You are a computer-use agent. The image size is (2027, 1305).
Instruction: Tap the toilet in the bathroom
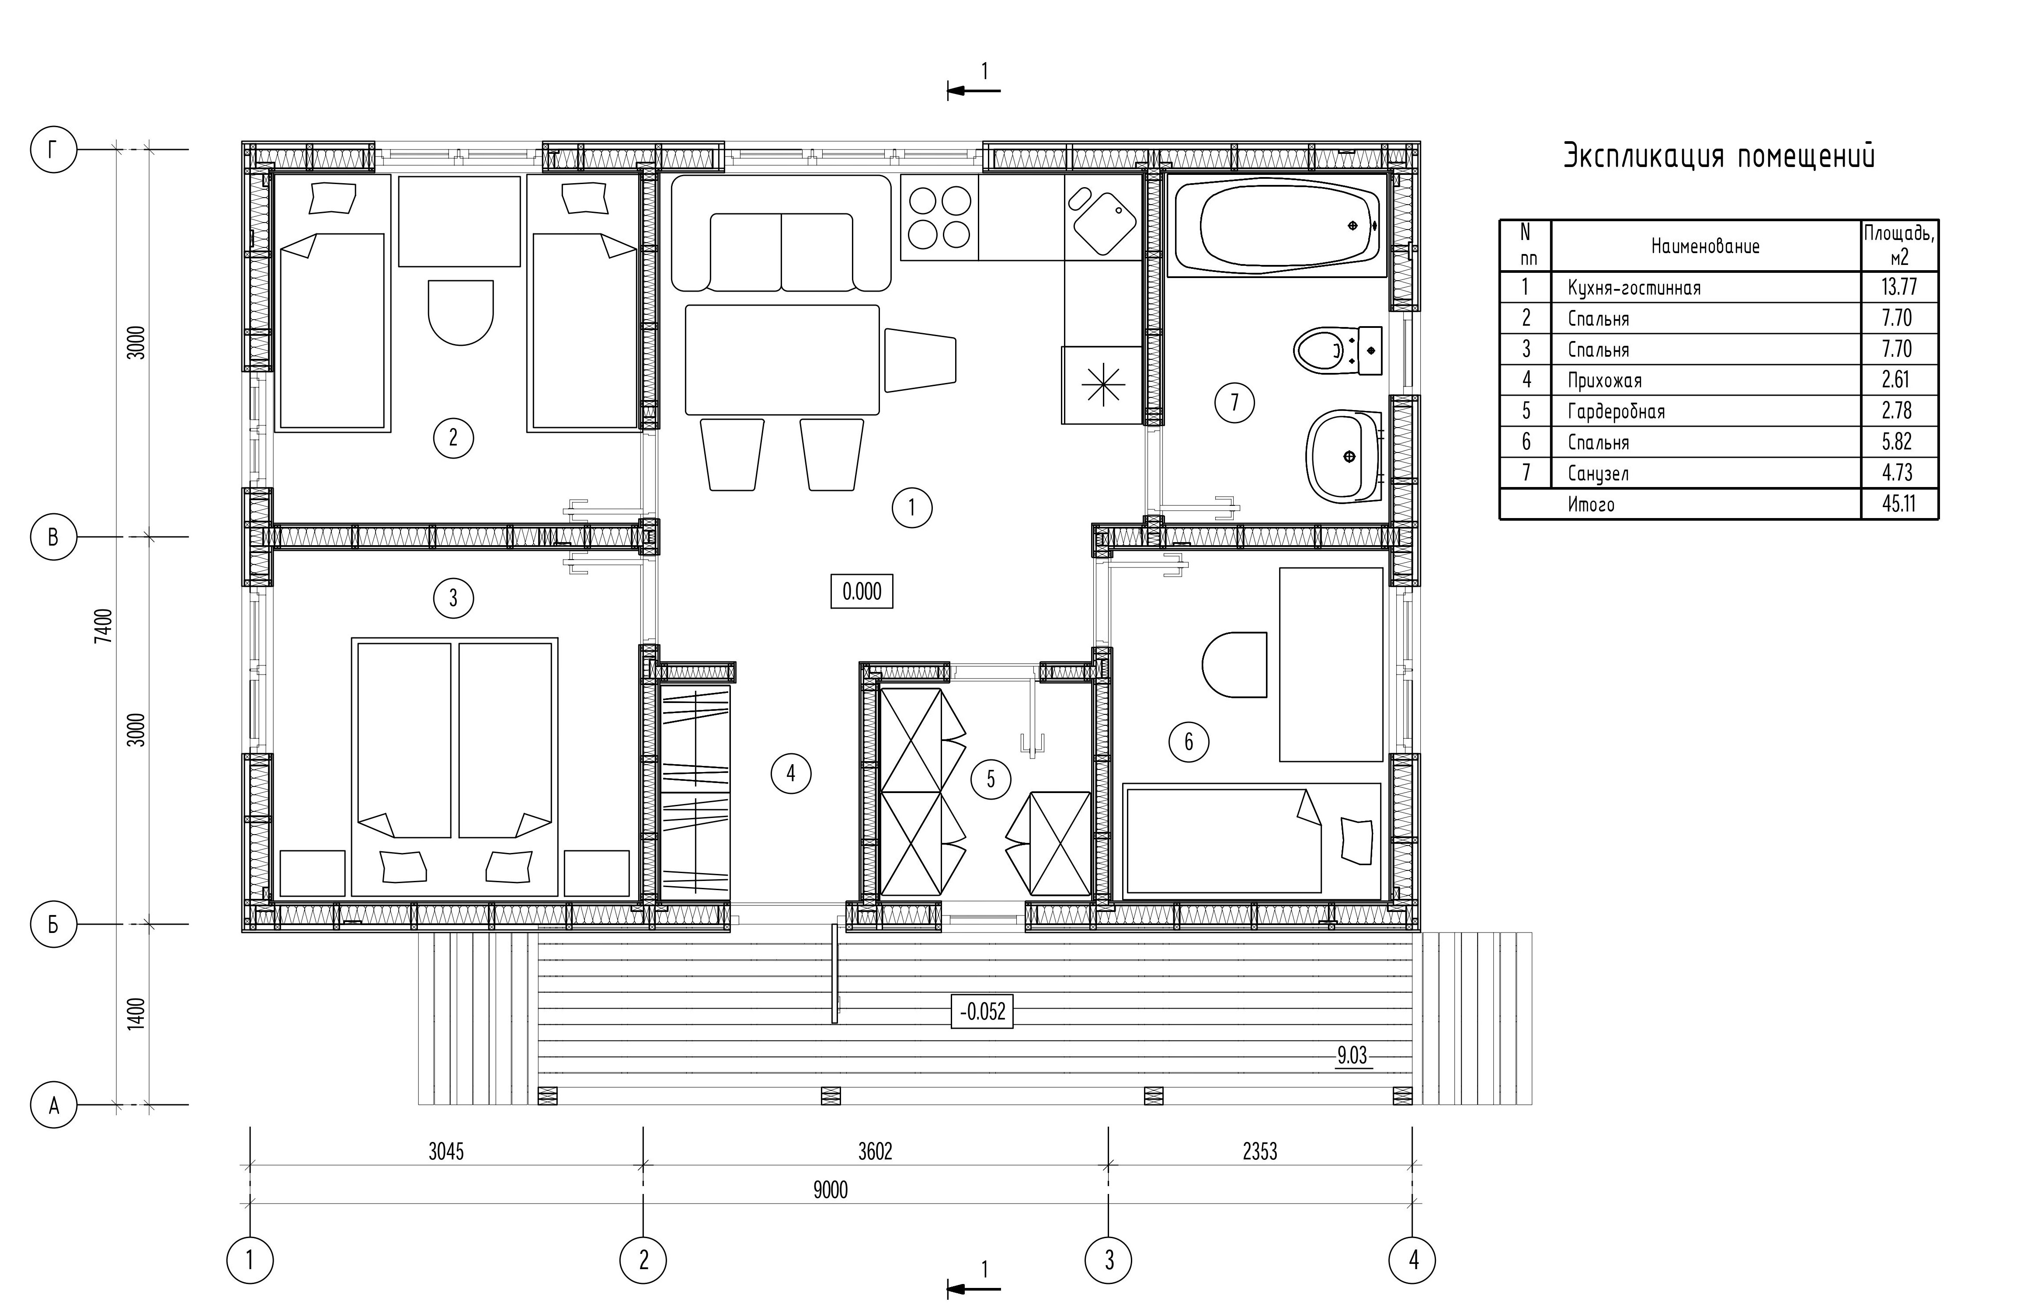coord(1339,350)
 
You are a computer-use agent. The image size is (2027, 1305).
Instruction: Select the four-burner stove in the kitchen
coord(939,217)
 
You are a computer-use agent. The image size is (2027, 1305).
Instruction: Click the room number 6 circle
coord(1189,741)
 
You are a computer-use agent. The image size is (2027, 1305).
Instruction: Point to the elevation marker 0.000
coord(862,592)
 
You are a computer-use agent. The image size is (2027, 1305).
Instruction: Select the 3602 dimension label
coord(875,1151)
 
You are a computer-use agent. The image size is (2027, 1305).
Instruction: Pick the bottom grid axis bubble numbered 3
coord(1109,1260)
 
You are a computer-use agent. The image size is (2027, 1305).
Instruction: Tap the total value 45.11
coord(1899,503)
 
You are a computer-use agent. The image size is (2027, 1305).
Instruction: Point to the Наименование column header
coord(1705,247)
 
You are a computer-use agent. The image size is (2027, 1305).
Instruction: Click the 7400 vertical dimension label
coord(102,627)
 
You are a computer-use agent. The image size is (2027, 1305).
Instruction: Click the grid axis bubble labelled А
coord(53,1105)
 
